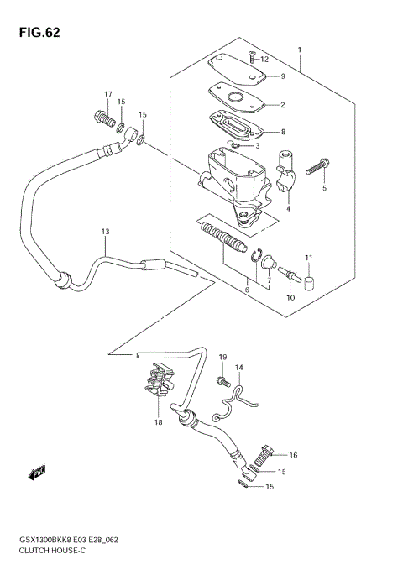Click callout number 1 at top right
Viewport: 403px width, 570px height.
click(x=300, y=50)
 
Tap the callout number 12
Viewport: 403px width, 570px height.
click(x=264, y=60)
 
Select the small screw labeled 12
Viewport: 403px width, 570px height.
click(x=251, y=57)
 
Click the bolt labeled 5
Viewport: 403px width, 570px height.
click(x=318, y=169)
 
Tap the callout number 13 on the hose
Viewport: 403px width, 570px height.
click(x=106, y=231)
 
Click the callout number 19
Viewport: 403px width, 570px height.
click(x=222, y=358)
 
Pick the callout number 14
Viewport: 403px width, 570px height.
click(x=238, y=368)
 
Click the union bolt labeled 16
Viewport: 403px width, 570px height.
click(x=262, y=458)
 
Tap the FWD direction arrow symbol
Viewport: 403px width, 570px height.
click(x=37, y=475)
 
